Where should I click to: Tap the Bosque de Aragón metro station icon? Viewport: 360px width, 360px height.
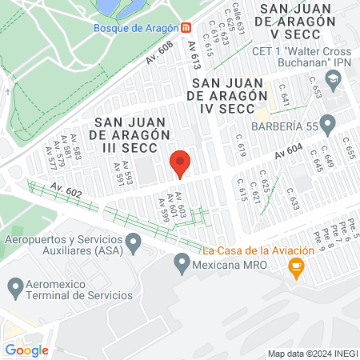(186, 27)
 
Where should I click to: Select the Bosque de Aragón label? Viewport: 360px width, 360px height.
(134, 27)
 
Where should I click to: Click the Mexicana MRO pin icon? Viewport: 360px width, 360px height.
(182, 261)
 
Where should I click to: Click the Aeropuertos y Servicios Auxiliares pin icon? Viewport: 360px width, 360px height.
(134, 240)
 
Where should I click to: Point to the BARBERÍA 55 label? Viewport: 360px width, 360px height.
(306, 126)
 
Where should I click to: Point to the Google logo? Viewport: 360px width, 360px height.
(26, 350)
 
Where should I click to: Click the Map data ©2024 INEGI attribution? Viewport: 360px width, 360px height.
(312, 354)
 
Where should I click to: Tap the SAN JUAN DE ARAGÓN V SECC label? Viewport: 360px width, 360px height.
(304, 22)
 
